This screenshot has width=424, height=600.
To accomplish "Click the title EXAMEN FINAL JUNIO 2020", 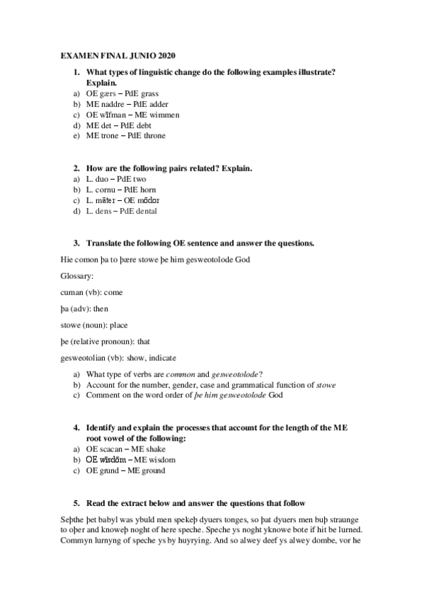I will (x=117, y=54).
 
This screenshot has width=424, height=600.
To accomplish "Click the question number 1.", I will (x=76, y=71).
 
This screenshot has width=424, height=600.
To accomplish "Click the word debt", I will (x=149, y=125).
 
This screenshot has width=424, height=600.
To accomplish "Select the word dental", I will (x=144, y=211).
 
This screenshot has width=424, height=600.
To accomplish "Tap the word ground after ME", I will (x=153, y=470).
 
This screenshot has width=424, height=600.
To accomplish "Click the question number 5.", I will (x=76, y=502).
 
